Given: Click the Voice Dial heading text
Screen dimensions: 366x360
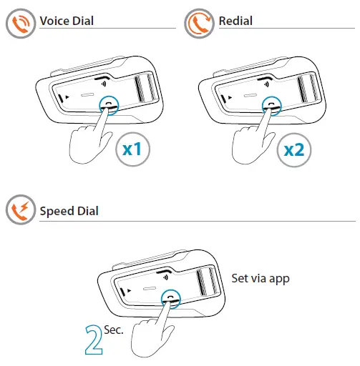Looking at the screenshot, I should click(x=67, y=21).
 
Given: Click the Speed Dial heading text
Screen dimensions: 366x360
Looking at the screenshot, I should click(x=69, y=211).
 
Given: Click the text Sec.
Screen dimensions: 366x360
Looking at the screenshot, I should click(x=114, y=330).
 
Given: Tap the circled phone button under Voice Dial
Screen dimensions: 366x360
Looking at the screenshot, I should click(x=108, y=106).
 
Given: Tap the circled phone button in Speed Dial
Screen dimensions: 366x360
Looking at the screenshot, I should click(x=170, y=295).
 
